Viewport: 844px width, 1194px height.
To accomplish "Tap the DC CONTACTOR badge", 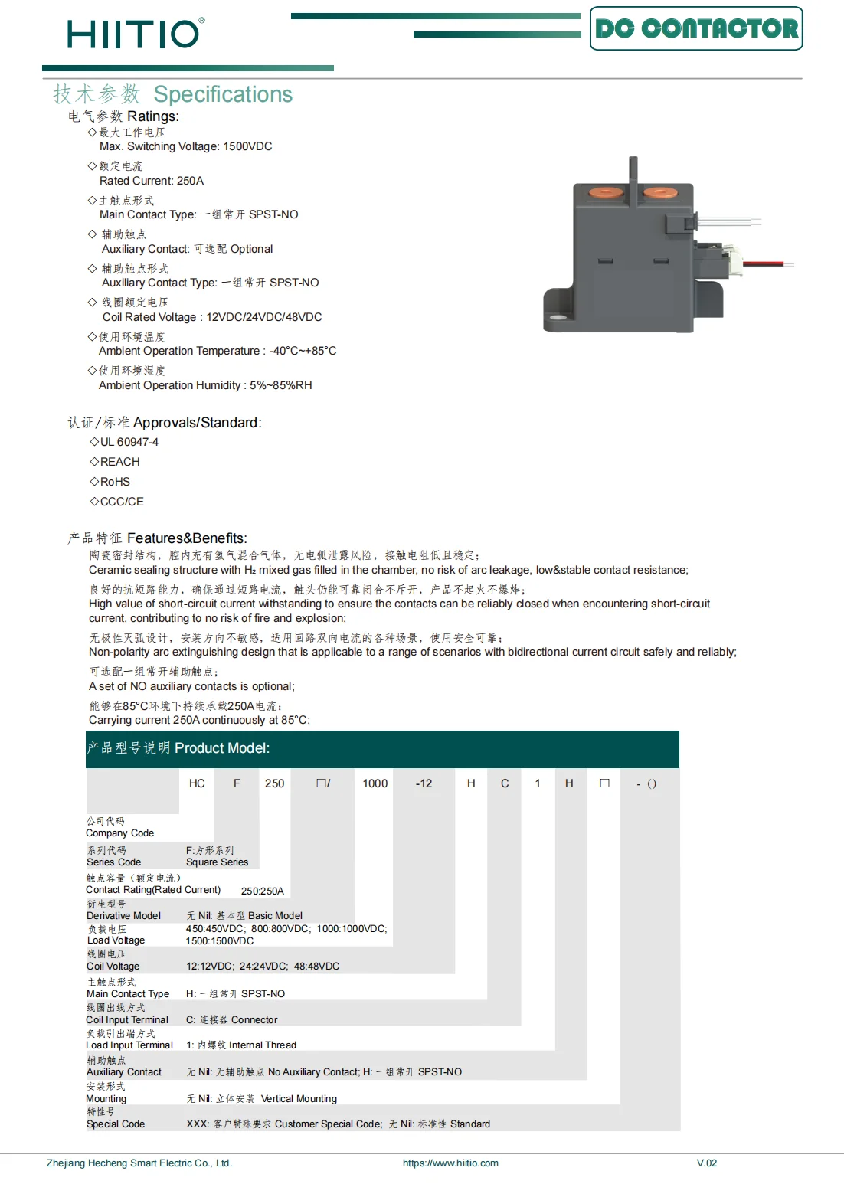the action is pyautogui.click(x=696, y=29).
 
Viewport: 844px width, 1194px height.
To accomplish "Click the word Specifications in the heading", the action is pyautogui.click(x=223, y=94).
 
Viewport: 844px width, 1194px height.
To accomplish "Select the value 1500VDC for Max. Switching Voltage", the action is pyautogui.click(x=247, y=146).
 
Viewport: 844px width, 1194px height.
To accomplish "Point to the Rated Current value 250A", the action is pyautogui.click(x=190, y=181).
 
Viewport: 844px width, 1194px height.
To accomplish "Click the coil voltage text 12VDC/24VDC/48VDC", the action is pyautogui.click(x=264, y=317).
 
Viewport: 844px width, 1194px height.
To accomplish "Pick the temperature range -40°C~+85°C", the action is pyautogui.click(x=303, y=351).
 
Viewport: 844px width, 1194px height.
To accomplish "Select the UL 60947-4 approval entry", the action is pyautogui.click(x=129, y=442).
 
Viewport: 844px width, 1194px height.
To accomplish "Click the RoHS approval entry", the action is pyautogui.click(x=115, y=482).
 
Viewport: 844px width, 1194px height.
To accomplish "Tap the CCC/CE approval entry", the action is pyautogui.click(x=122, y=502).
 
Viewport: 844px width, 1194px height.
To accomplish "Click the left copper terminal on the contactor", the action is pyautogui.click(x=606, y=192).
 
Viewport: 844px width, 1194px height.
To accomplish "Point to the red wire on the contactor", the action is pyautogui.click(x=762, y=263).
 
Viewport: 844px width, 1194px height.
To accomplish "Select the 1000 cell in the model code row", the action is pyautogui.click(x=375, y=783).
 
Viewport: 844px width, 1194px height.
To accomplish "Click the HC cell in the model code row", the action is pyautogui.click(x=197, y=783).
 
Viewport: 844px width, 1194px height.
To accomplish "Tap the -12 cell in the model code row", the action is pyautogui.click(x=424, y=783).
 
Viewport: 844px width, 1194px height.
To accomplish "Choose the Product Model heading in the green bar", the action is pyautogui.click(x=222, y=748).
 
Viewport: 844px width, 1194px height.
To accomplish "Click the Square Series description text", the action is pyautogui.click(x=218, y=862).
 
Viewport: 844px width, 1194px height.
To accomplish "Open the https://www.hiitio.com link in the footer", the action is pyautogui.click(x=450, y=1163).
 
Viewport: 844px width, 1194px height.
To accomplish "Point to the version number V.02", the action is pyautogui.click(x=707, y=1163).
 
